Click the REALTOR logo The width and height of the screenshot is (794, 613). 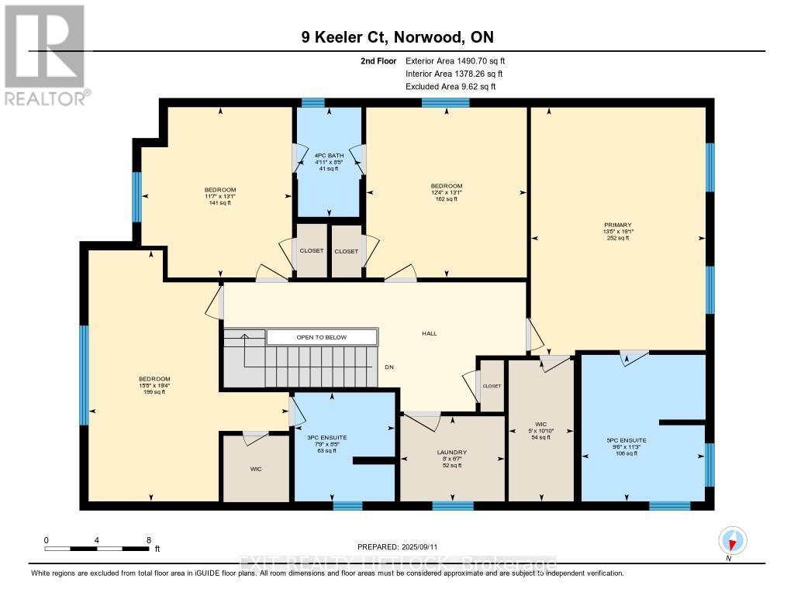[45, 54]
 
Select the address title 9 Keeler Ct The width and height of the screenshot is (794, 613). [396, 37]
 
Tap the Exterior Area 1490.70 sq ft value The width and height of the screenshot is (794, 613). [455, 60]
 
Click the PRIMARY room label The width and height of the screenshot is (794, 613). [618, 224]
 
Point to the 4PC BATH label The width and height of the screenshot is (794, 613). [329, 155]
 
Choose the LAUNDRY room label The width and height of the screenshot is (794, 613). [451, 452]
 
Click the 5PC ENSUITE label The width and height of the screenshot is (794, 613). [627, 440]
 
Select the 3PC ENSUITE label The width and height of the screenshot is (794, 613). [327, 438]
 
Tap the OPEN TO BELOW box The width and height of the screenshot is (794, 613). [322, 337]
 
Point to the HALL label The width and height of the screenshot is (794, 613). [429, 333]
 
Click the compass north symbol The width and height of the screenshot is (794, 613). [732, 540]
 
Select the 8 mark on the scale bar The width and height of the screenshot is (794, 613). [147, 539]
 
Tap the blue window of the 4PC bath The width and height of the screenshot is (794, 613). [313, 102]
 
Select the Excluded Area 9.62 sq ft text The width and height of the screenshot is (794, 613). [451, 87]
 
